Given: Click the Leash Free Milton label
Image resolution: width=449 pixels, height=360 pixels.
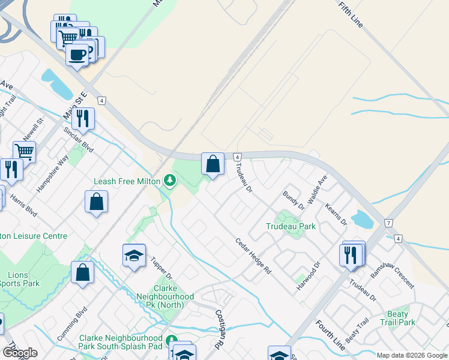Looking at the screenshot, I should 127,181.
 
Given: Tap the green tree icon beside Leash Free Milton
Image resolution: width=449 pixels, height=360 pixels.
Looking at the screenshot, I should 170,179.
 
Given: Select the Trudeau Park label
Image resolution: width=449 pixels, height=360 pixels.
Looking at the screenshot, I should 291,227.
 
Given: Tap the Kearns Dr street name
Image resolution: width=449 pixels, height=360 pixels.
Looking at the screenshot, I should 336,214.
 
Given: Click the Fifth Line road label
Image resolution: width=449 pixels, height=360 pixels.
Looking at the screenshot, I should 351,14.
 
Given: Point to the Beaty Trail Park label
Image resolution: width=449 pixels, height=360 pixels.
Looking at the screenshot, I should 398,318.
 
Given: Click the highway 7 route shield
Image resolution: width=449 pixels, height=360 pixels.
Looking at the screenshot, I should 388,223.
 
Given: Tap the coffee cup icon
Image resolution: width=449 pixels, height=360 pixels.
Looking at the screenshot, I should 77,55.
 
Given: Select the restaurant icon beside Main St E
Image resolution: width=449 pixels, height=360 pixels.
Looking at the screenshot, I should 83,118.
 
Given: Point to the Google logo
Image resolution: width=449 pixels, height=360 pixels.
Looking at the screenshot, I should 20,353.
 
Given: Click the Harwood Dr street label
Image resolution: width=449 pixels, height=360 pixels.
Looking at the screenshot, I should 309,276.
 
